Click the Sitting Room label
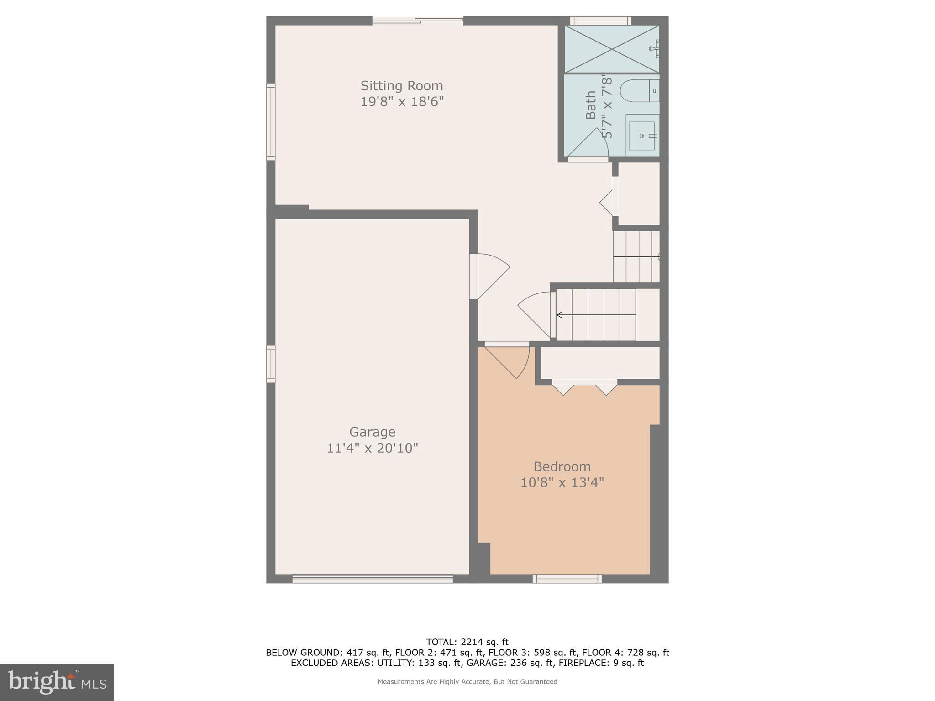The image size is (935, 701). pyautogui.click(x=402, y=86)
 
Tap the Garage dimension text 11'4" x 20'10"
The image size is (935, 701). pyautogui.click(x=372, y=448)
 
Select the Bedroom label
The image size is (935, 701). pyautogui.click(x=562, y=466)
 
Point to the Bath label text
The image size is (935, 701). pyautogui.click(x=591, y=105)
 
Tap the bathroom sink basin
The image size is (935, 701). pyautogui.click(x=641, y=136)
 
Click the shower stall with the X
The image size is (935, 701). pyautogui.click(x=612, y=49)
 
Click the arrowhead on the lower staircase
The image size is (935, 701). pyautogui.click(x=559, y=315)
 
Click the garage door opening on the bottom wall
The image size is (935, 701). pyautogui.click(x=373, y=579)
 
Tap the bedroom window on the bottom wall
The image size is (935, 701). pyautogui.click(x=567, y=579)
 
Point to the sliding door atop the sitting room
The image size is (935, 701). pyautogui.click(x=418, y=21)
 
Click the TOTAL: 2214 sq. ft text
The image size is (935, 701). pyautogui.click(x=467, y=642)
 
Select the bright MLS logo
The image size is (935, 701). pyautogui.click(x=57, y=682)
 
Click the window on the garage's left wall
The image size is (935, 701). pyautogui.click(x=271, y=364)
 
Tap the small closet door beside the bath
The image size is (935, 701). pyautogui.click(x=609, y=201)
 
